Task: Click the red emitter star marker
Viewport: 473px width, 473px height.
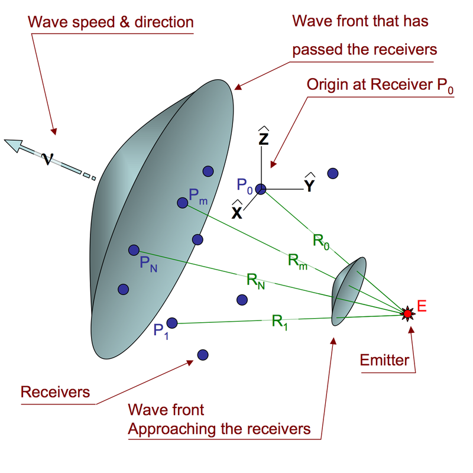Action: pyautogui.click(x=407, y=312)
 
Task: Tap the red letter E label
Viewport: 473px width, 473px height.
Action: pyautogui.click(x=422, y=306)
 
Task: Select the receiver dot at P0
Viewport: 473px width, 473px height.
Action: pyautogui.click(x=261, y=189)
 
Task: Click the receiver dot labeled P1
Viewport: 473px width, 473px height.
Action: pyautogui.click(x=172, y=323)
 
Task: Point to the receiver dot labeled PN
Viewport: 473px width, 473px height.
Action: pyautogui.click(x=134, y=250)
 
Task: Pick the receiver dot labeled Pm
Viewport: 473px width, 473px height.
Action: pyautogui.click(x=182, y=203)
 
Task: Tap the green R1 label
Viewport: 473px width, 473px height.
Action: pyautogui.click(x=280, y=322)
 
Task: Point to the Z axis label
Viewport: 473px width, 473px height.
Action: pyautogui.click(x=264, y=138)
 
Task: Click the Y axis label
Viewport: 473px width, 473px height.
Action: pyautogui.click(x=309, y=185)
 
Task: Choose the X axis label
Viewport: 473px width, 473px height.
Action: pyautogui.click(x=237, y=212)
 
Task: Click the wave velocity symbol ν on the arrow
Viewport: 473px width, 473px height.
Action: pyautogui.click(x=48, y=158)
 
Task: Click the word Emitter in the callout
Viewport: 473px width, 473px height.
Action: pyautogui.click(x=384, y=359)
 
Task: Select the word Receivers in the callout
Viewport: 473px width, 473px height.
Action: pyautogui.click(x=55, y=392)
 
